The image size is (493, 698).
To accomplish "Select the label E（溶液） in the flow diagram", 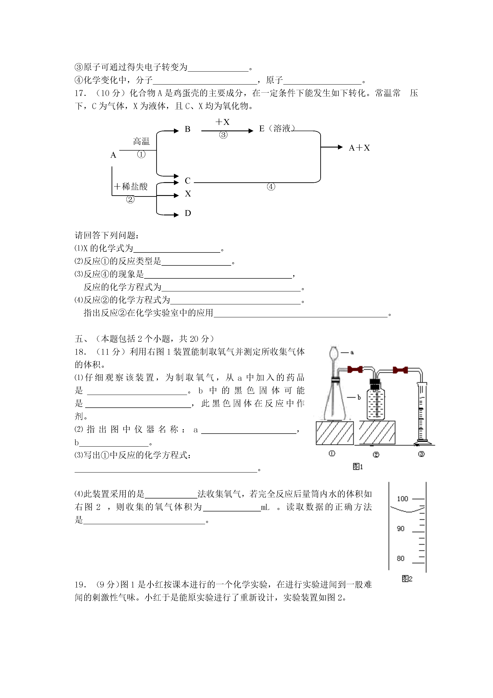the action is [x=277, y=129].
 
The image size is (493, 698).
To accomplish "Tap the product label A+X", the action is [x=359, y=148].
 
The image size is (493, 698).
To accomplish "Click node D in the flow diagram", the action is [x=188, y=213].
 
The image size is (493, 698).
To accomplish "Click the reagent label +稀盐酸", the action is [x=131, y=186].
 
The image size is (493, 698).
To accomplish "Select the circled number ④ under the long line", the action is [x=271, y=187].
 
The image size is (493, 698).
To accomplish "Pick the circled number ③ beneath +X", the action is [x=223, y=135].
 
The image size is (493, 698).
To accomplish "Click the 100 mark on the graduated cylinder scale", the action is [x=403, y=499].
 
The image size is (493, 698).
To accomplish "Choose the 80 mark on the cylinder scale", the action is [x=401, y=559].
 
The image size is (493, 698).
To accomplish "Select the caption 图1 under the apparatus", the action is [x=358, y=467].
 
